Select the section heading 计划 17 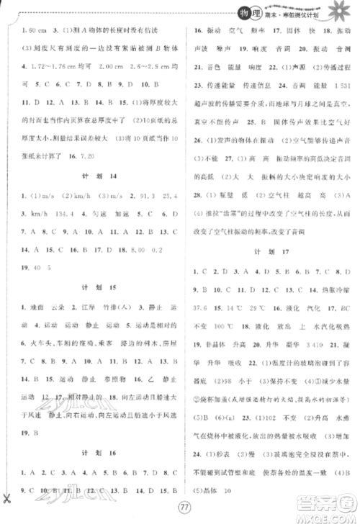coord(267,252)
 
